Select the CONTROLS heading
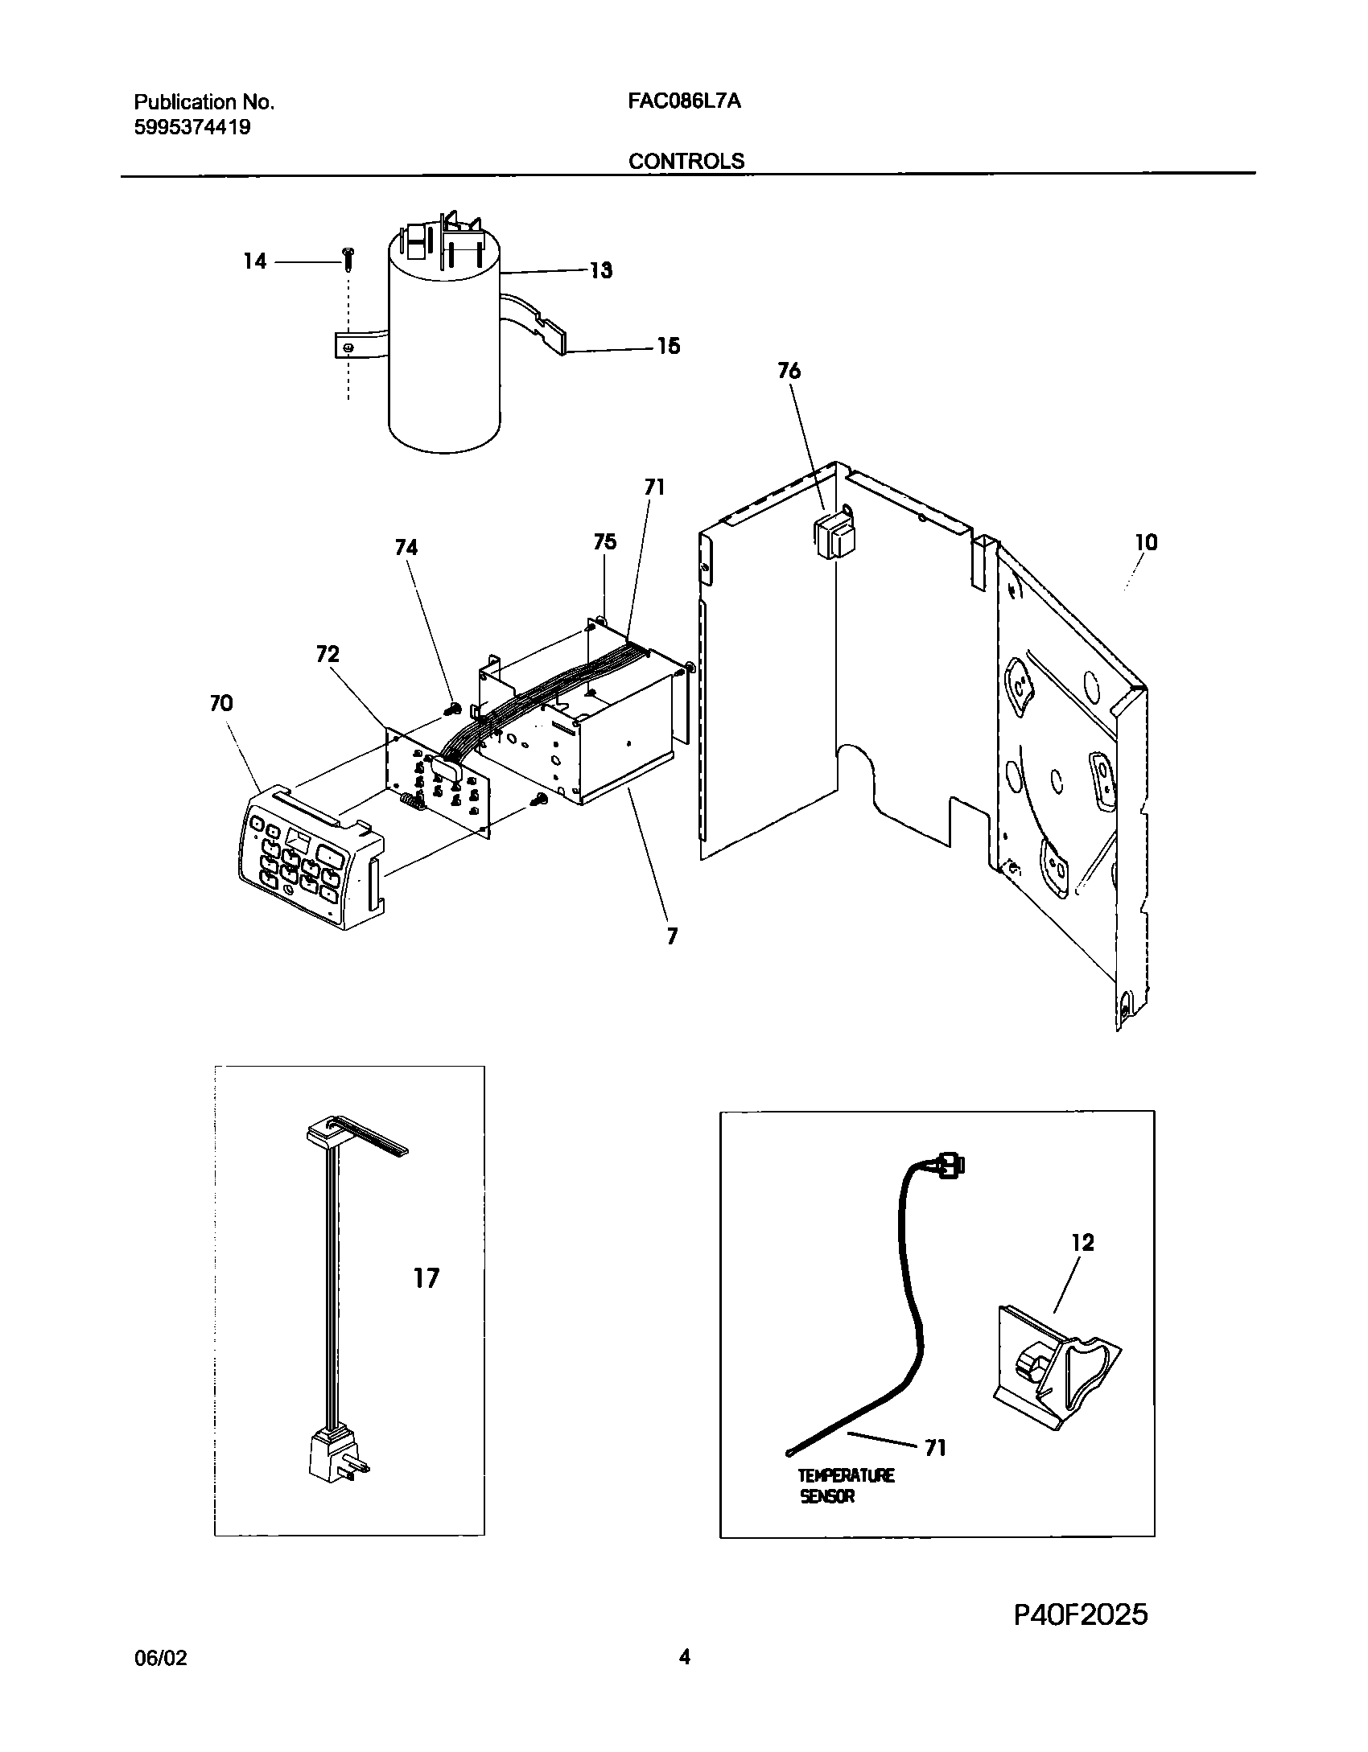[686, 161]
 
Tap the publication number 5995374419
[192, 127]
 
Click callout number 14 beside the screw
[255, 261]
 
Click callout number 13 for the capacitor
[600, 270]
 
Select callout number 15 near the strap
[668, 346]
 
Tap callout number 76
[789, 371]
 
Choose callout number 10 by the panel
[1146, 543]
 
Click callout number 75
[604, 542]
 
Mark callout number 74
[406, 548]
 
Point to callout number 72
[328, 655]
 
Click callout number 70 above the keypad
[220, 704]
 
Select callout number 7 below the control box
[672, 936]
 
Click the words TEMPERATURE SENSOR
[845, 1486]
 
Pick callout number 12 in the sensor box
[1083, 1243]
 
